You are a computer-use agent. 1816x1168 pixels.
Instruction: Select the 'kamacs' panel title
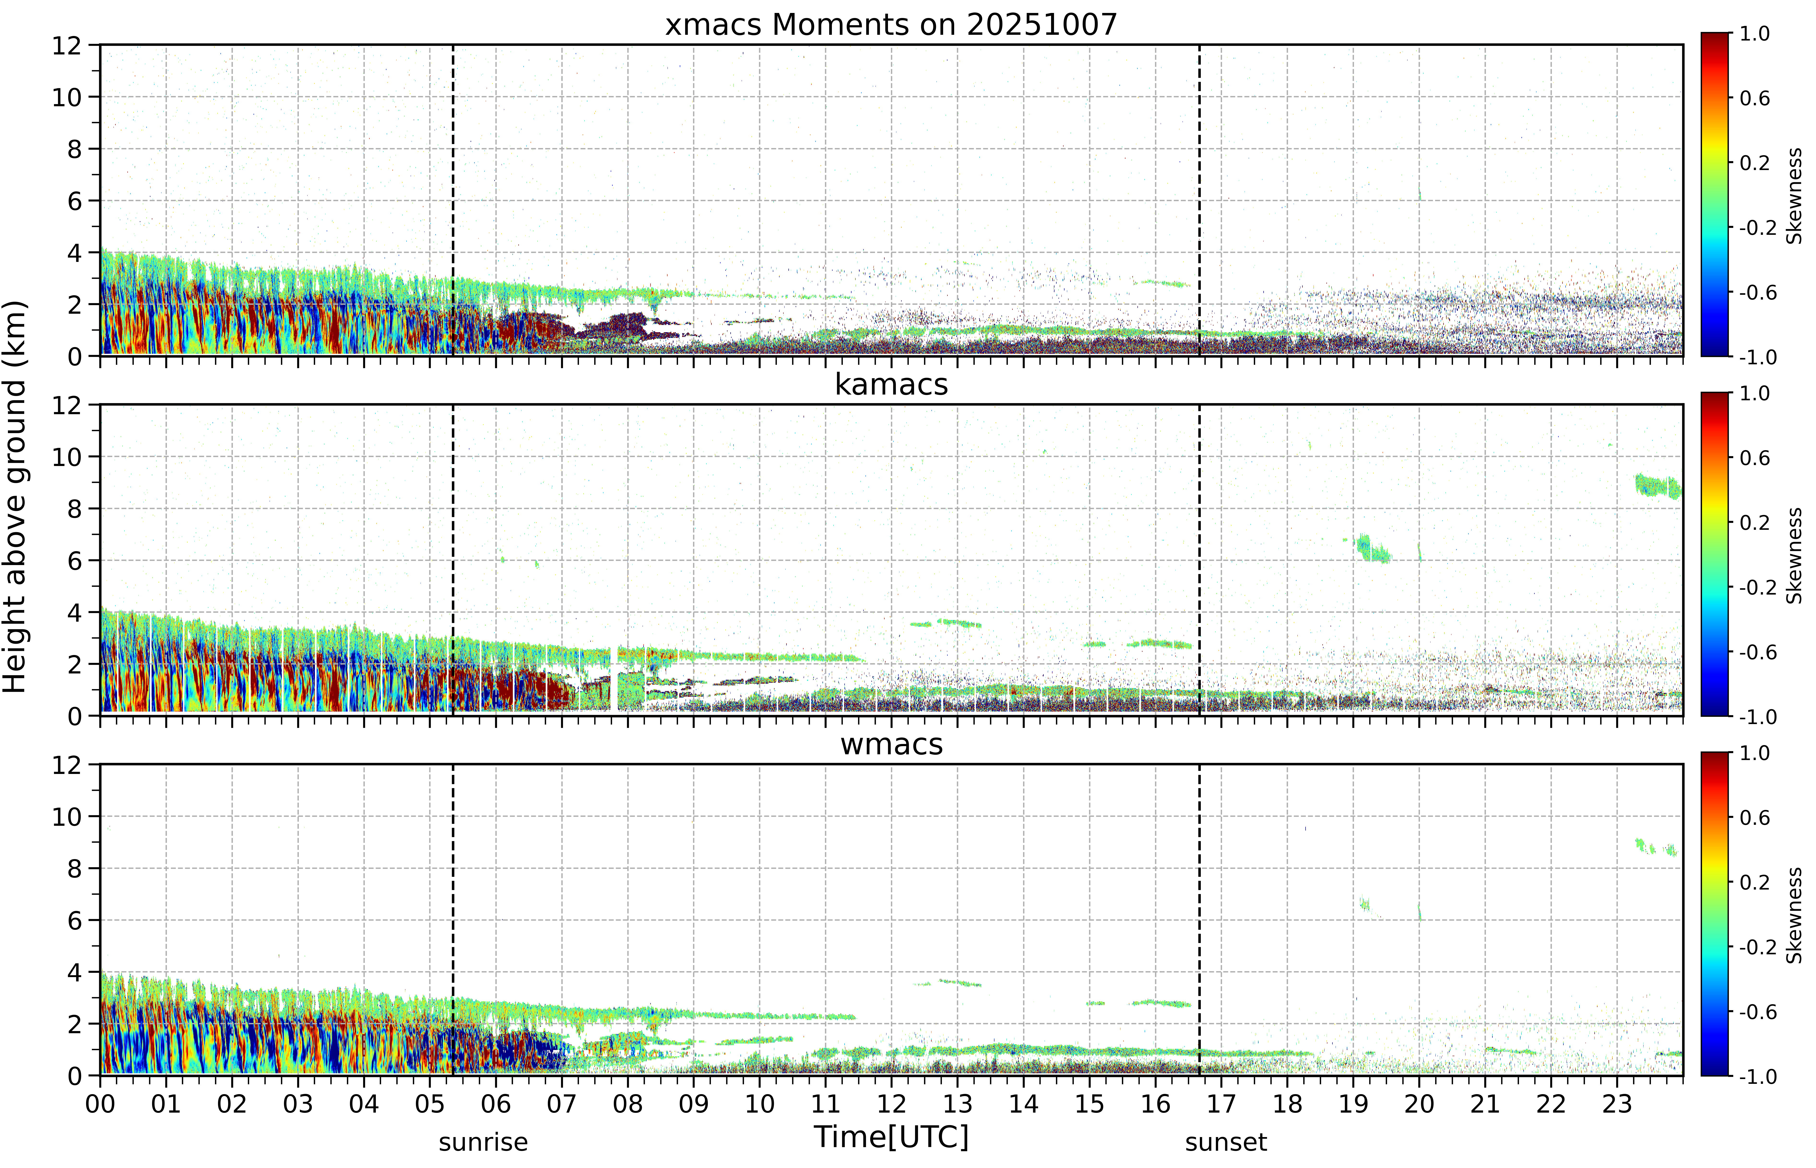point(891,384)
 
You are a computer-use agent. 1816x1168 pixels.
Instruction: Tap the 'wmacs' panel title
point(891,744)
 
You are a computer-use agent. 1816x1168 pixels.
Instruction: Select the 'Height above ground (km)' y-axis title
point(15,497)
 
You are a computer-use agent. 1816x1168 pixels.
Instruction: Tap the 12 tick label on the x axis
point(891,1103)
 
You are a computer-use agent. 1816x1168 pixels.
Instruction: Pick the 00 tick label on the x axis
point(100,1103)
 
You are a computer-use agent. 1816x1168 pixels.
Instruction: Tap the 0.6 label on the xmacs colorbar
point(1755,98)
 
